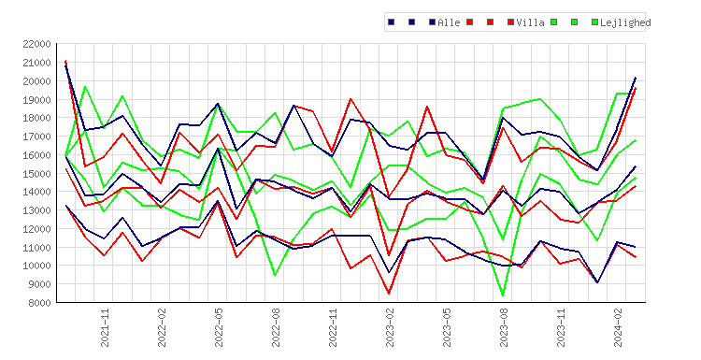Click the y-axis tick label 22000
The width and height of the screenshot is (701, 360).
[36, 44]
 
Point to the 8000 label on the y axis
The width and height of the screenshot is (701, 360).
[39, 303]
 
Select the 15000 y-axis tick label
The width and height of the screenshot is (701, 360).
[36, 174]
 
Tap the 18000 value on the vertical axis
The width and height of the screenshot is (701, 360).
[36, 118]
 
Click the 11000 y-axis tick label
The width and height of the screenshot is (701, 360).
[36, 247]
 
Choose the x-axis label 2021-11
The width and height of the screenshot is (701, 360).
[105, 328]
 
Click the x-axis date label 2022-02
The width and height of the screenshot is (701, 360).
[162, 328]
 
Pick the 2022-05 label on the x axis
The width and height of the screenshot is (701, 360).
[219, 328]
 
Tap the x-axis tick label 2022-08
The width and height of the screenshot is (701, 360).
[276, 328]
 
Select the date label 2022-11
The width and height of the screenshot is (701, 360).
[333, 328]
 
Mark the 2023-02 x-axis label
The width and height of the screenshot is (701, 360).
[390, 328]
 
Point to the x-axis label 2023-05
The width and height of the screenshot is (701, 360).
[447, 328]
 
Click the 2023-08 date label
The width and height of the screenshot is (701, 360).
[504, 328]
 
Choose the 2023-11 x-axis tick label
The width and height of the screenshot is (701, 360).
[561, 328]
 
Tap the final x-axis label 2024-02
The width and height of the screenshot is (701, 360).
[618, 328]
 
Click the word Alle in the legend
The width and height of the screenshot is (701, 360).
[449, 22]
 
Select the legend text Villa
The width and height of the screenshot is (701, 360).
[530, 22]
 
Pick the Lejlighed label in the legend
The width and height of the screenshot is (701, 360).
[625, 22]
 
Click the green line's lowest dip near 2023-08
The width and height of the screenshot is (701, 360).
[503, 295]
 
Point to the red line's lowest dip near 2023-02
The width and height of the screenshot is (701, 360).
[389, 294]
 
